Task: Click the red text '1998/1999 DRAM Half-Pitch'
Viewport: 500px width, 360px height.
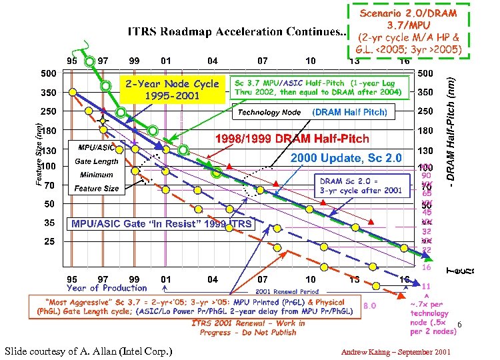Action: click(292, 139)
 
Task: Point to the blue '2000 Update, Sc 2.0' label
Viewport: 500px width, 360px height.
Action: click(346, 158)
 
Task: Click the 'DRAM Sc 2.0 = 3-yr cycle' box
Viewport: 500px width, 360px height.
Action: click(361, 185)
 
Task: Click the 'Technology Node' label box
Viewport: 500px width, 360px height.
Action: click(269, 113)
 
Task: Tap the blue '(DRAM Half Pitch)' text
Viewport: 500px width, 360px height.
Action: click(349, 112)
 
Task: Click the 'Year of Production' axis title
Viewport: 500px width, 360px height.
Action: click(107, 288)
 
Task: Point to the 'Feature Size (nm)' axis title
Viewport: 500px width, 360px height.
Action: click(39, 153)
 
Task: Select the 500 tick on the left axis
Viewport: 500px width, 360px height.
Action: click(49, 73)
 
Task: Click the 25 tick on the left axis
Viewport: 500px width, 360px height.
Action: click(49, 242)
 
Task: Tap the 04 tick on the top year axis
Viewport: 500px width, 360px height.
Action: click(212, 61)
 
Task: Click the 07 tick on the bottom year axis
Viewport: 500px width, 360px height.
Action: click(264, 279)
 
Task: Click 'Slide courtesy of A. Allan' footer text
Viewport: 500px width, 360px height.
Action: click(88, 351)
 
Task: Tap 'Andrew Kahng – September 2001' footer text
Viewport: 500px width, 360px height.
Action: click(395, 351)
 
